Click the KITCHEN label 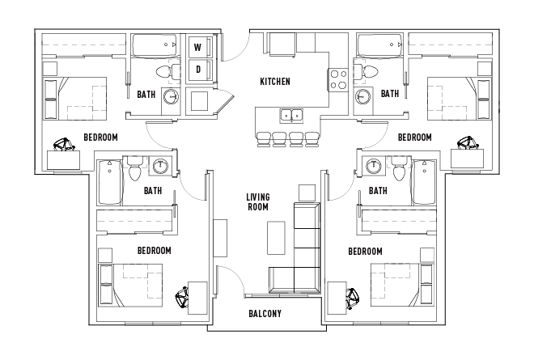pos(275,82)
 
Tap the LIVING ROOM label pos(258,202)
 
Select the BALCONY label pos(265,313)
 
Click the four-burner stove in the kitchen pos(338,79)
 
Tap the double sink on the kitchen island pos(292,116)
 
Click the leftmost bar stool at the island pos(263,140)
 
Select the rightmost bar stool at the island pos(311,140)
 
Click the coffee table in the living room pos(276,238)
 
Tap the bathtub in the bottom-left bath pos(110,182)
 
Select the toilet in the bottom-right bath pos(400,170)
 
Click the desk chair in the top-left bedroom pos(65,145)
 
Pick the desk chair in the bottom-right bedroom pos(353,299)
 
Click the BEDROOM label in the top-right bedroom pos(415,138)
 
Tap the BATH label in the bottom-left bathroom pos(153,190)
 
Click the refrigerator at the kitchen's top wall pos(282,44)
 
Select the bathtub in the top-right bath pos(380,45)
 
